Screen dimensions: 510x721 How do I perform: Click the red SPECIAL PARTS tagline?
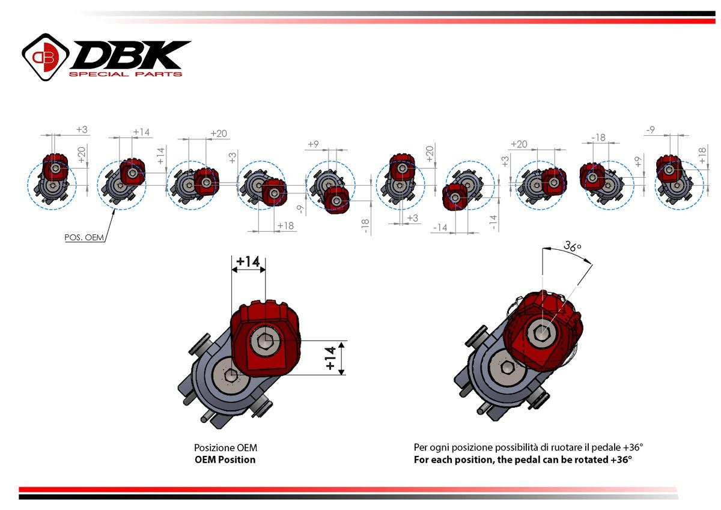point(125,74)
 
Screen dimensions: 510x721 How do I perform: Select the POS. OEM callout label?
point(84,237)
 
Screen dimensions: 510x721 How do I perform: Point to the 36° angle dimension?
point(572,246)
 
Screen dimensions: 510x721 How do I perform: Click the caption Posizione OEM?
point(225,448)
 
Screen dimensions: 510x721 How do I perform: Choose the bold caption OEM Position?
point(225,460)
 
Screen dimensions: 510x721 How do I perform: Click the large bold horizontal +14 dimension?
point(248,261)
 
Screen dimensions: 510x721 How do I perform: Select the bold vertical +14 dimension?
point(330,358)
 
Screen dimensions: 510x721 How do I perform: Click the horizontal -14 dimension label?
point(440,228)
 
